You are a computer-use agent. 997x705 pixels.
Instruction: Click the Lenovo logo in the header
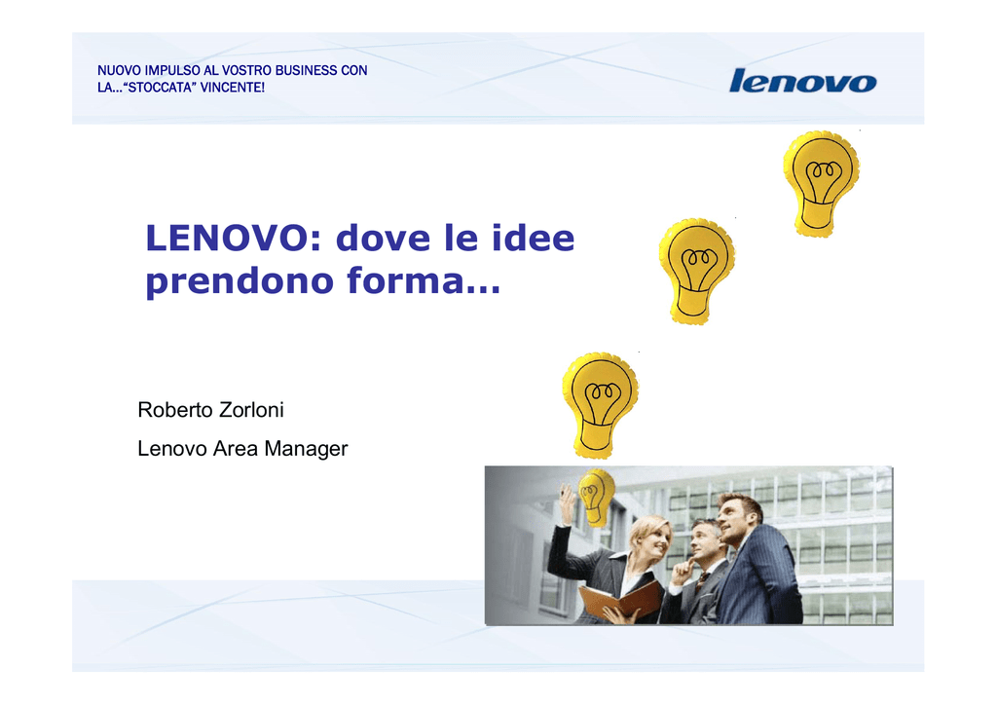tap(802, 81)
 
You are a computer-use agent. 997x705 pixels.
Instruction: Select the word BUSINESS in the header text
tap(306, 70)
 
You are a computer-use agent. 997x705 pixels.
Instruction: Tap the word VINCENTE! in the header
tap(233, 88)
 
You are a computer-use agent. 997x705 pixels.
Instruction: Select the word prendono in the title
tap(240, 281)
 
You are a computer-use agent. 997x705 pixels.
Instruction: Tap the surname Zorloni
tap(251, 410)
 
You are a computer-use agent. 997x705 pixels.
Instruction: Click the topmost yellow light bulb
tap(822, 184)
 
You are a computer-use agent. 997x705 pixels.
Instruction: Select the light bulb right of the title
tap(697, 272)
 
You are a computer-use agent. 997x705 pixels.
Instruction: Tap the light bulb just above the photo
tap(600, 406)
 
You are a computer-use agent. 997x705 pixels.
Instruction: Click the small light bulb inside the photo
tap(596, 498)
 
